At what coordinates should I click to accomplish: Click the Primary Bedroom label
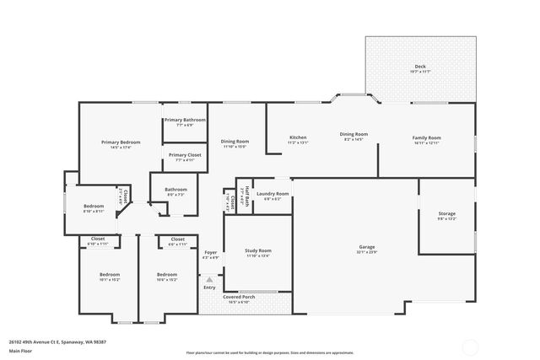pos(121,142)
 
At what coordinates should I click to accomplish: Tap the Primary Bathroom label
pos(185,121)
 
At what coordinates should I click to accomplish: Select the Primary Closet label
pos(185,155)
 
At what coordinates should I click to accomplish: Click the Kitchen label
pos(298,137)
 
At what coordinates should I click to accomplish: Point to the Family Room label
pos(426,137)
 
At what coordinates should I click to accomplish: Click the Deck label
pos(420,67)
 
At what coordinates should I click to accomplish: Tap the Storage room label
pos(446,213)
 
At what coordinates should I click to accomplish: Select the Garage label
pos(367,246)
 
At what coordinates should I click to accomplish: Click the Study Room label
pos(258,250)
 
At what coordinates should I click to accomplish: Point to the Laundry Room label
pos(273,194)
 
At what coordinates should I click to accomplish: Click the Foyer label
pos(211,252)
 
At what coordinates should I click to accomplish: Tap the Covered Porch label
pos(239,297)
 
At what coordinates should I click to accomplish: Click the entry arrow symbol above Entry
pos(209,278)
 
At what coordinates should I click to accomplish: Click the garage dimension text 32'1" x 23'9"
pos(367,251)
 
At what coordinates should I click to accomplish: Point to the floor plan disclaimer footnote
pos(270,353)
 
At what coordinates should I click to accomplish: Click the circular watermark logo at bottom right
pos(469,346)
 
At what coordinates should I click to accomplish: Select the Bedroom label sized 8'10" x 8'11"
pos(94,207)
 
